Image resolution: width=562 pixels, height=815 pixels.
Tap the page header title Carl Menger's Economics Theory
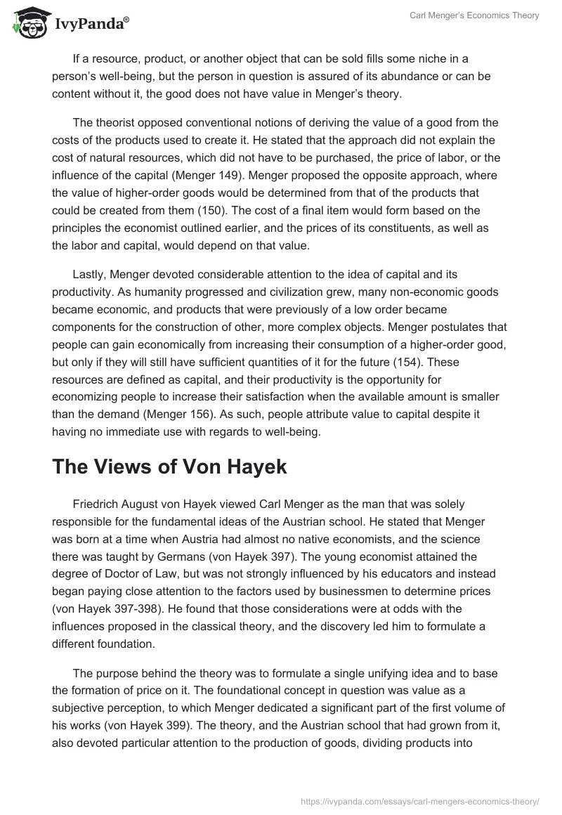pyautogui.click(x=475, y=15)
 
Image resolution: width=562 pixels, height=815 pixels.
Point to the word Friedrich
pyautogui.click(x=97, y=504)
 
